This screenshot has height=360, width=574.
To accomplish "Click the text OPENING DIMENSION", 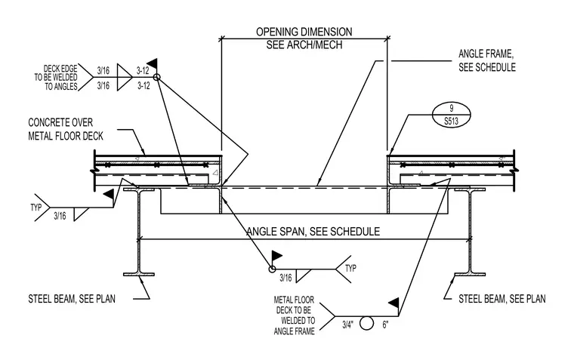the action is (x=304, y=32).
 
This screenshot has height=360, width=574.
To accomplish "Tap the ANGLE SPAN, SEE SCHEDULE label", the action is (x=313, y=232).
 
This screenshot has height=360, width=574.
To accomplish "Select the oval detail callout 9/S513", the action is (x=451, y=115).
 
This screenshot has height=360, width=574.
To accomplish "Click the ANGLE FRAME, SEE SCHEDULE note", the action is (x=487, y=60).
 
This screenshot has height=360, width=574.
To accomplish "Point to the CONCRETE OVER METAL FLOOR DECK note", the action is (x=66, y=129).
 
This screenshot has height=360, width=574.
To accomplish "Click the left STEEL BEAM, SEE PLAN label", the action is (x=72, y=299).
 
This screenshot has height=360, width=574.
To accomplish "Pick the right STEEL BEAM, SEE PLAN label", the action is (x=502, y=299).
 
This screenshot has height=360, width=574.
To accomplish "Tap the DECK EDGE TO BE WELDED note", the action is (x=56, y=78).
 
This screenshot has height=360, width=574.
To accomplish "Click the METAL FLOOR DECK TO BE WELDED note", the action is (x=295, y=315).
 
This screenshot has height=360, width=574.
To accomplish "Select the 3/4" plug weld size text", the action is (x=348, y=325).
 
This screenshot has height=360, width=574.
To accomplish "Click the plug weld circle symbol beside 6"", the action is (x=366, y=324).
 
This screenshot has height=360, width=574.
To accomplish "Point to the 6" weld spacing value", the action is (x=385, y=325).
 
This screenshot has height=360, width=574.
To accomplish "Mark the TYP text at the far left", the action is (x=36, y=208).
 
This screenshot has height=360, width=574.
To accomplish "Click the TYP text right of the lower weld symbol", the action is (x=350, y=268).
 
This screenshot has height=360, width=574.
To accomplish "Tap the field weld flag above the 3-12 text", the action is (x=153, y=63).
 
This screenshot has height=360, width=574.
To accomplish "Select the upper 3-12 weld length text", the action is (x=143, y=70).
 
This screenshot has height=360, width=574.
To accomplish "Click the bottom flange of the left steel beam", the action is (x=139, y=274).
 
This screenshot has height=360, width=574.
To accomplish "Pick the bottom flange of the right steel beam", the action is (x=470, y=274).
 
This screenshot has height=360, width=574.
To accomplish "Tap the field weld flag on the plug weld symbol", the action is (x=393, y=303).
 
